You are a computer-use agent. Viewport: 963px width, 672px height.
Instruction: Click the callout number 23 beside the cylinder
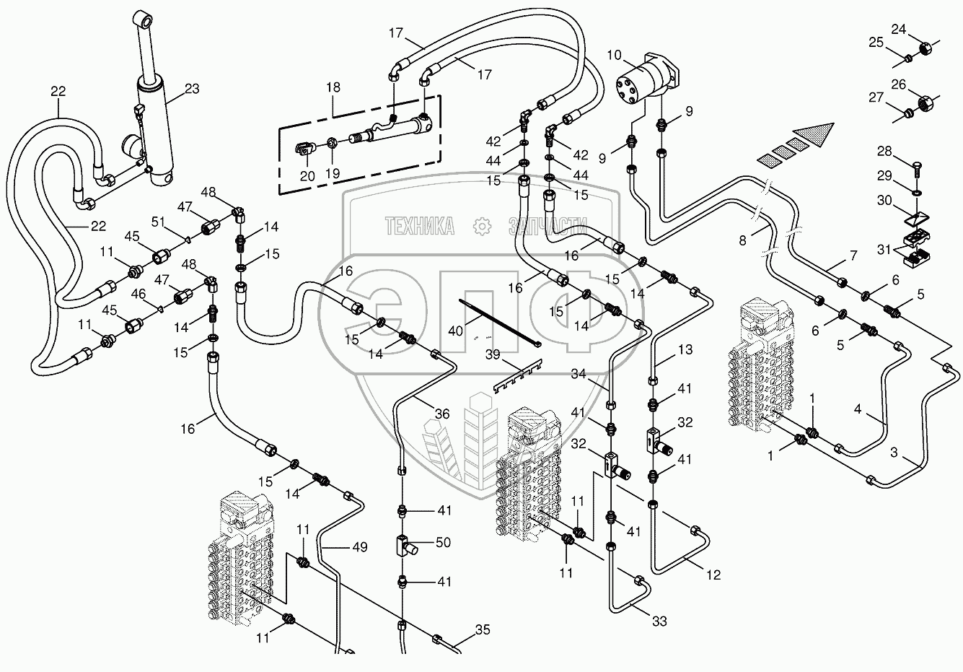192,89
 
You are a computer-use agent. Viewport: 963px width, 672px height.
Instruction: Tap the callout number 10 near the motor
615,55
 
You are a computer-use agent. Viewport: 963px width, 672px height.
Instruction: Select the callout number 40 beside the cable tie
456,331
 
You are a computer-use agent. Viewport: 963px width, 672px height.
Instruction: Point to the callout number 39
493,354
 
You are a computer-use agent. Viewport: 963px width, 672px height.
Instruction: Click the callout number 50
443,543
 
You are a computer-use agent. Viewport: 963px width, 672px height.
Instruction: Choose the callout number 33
659,621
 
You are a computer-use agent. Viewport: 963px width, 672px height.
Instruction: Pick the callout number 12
713,575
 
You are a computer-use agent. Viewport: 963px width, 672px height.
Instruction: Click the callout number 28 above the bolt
885,152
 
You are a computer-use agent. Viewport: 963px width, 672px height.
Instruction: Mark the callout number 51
158,222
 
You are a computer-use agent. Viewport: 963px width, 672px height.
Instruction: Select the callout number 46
138,294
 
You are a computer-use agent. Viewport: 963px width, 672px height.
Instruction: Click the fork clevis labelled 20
306,149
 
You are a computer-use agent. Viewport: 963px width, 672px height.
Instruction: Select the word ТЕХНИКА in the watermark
420,226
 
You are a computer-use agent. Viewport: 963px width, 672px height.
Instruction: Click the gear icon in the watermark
482,227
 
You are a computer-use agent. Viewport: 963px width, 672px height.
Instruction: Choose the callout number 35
483,630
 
